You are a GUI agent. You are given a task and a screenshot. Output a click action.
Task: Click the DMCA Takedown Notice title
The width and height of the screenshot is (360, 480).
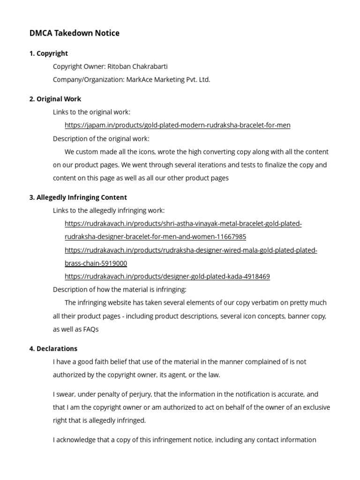tap(74, 33)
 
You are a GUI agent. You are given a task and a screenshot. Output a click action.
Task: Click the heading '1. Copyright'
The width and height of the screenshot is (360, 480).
tap(48, 53)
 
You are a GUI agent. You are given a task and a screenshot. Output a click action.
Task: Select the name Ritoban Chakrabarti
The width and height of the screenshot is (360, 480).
tap(137, 67)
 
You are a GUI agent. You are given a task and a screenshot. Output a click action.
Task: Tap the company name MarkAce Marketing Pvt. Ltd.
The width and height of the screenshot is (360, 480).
tap(168, 80)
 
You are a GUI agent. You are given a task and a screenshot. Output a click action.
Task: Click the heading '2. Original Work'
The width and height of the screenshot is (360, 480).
tap(55, 99)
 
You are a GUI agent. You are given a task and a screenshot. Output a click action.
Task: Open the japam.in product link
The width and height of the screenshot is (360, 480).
tap(177, 125)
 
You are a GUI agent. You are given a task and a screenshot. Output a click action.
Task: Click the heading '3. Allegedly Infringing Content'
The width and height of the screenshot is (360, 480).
tap(78, 197)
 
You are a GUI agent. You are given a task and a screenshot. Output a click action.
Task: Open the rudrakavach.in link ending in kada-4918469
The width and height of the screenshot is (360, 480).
tap(167, 277)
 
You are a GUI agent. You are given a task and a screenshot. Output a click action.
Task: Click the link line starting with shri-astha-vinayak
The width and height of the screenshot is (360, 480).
tap(183, 224)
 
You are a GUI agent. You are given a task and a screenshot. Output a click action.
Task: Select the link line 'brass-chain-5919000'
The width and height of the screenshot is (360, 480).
tap(96, 263)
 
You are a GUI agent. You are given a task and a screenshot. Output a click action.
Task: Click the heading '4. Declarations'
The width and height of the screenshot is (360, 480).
tap(53, 349)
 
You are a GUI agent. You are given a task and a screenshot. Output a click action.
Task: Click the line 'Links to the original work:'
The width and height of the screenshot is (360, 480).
tap(91, 112)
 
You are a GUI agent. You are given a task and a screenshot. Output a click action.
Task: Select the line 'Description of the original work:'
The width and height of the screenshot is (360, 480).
tap(101, 139)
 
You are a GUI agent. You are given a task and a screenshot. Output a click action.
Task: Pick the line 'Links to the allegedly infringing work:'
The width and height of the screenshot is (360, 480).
tap(109, 210)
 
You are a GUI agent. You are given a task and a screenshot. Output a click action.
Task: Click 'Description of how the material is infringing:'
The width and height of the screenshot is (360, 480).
tap(120, 290)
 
